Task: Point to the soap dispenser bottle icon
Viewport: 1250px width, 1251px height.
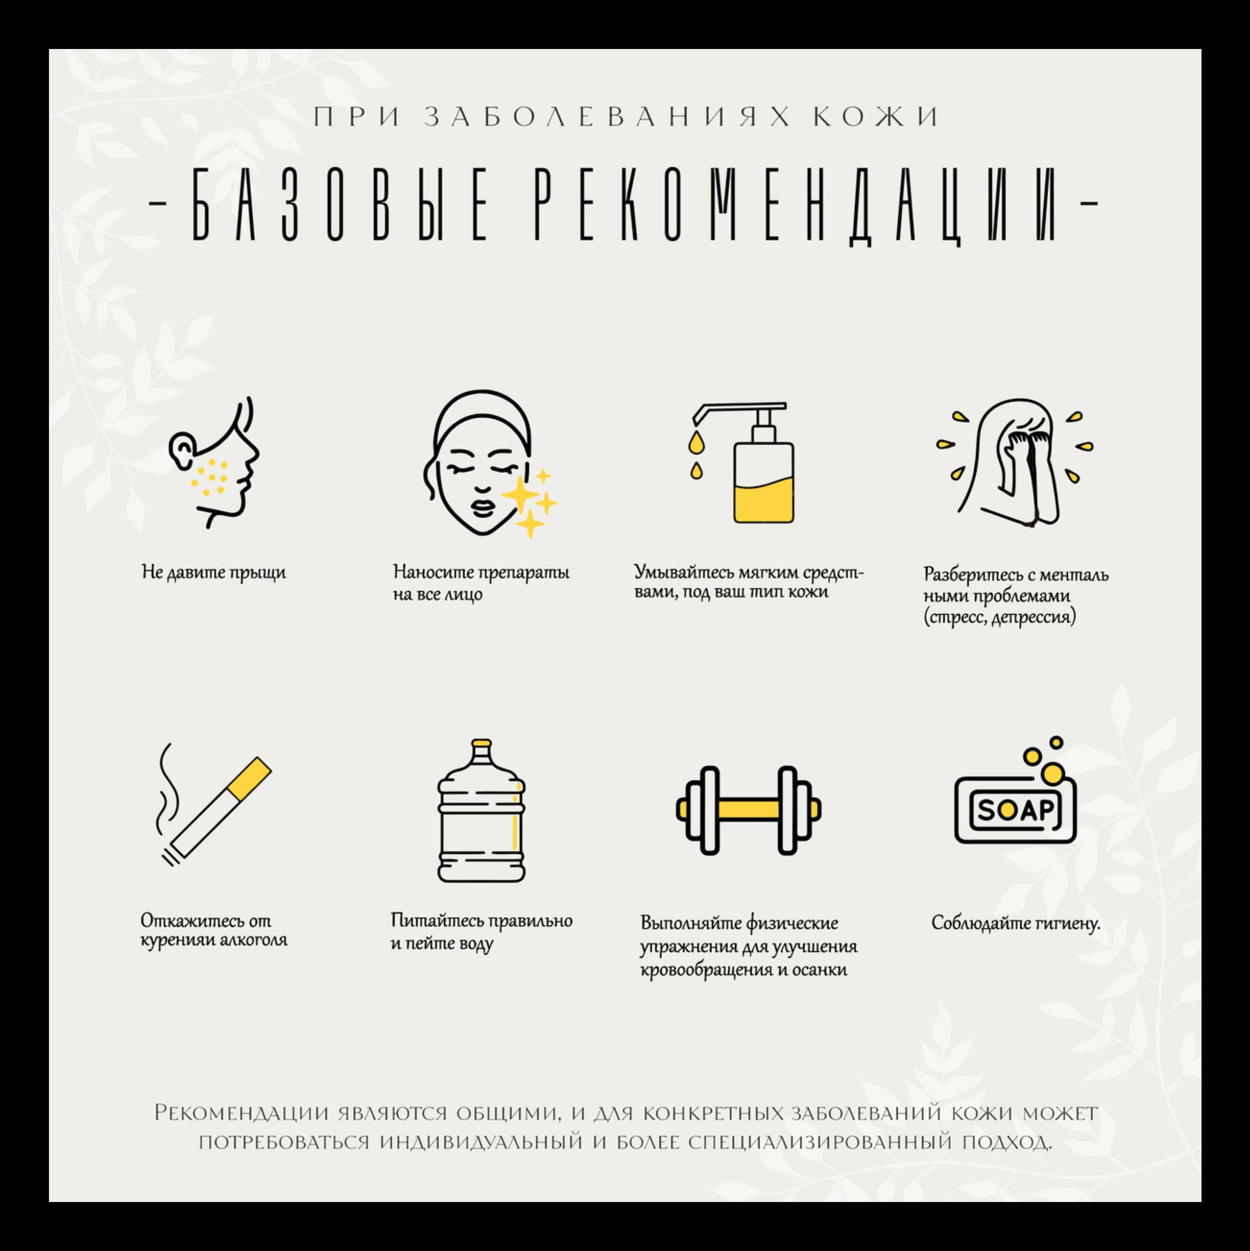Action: coord(744,463)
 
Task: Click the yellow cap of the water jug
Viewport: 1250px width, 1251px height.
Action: coord(481,743)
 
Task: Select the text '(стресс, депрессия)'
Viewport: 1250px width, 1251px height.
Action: coord(1000,617)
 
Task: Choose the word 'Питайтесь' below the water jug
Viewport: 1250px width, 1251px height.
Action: coord(435,921)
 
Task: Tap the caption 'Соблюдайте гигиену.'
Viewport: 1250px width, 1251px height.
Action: coord(1016,923)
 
